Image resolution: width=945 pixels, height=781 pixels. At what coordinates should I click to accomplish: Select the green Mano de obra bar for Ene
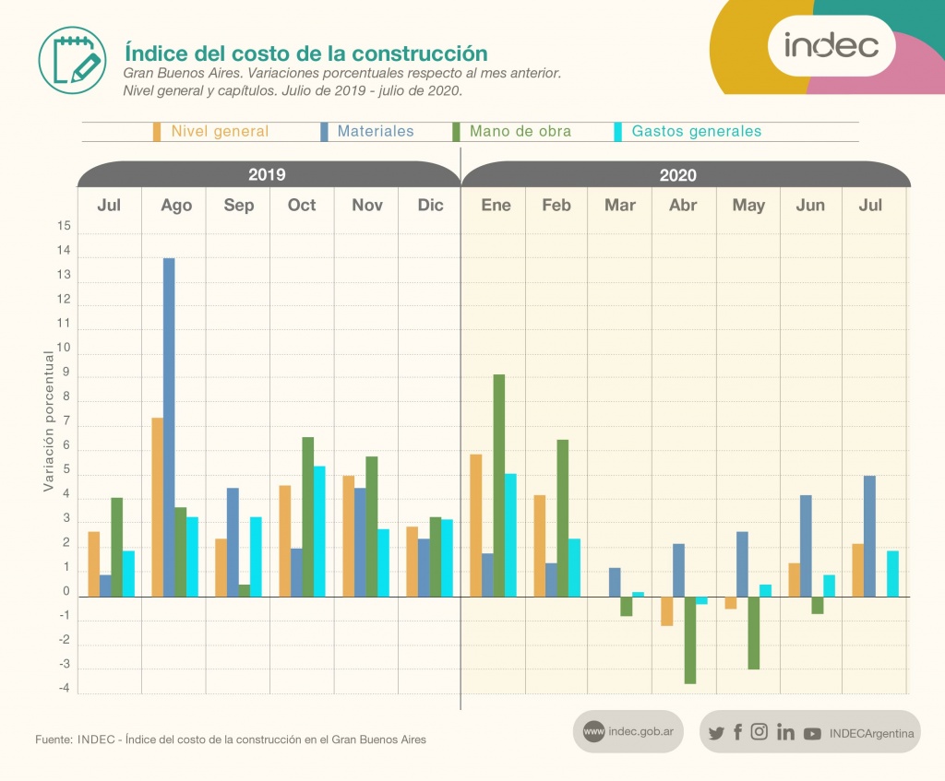click(499, 485)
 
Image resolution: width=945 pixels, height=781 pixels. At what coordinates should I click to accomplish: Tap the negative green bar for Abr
click(689, 640)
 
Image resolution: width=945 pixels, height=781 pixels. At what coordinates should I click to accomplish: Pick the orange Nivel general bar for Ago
click(158, 507)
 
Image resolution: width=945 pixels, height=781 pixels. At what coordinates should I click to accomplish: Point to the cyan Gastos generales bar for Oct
click(319, 531)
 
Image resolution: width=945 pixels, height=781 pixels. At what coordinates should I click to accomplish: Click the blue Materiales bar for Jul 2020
click(869, 536)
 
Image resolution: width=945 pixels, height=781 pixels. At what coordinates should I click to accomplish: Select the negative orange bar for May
click(731, 603)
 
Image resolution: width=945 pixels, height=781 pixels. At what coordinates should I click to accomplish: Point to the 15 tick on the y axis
click(64, 226)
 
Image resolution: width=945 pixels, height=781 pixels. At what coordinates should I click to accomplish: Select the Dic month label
click(430, 205)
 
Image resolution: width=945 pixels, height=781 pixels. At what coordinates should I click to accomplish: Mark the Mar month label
click(620, 205)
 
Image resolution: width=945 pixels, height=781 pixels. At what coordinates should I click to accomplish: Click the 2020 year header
click(678, 175)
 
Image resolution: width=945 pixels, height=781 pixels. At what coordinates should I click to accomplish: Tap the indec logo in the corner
click(831, 44)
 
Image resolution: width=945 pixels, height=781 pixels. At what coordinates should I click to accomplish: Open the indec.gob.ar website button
click(628, 732)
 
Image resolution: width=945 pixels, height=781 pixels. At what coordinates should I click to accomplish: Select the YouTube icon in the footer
click(812, 733)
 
